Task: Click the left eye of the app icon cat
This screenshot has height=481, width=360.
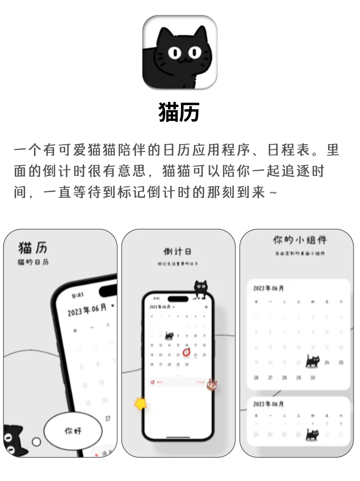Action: (x=174, y=53)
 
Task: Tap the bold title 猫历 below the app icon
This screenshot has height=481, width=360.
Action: (x=179, y=112)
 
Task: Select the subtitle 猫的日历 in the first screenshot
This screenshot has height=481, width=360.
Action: (x=33, y=262)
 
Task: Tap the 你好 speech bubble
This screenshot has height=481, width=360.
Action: (x=73, y=431)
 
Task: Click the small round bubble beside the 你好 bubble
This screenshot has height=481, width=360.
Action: (x=36, y=442)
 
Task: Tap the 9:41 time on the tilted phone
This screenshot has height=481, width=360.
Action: (x=78, y=295)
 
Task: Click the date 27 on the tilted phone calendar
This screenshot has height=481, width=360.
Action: (x=108, y=419)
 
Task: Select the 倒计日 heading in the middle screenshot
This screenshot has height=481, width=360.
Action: (x=177, y=252)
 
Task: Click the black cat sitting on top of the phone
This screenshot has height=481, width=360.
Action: (x=201, y=288)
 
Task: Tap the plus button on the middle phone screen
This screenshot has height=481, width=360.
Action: (x=206, y=307)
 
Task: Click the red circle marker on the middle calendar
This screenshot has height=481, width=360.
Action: (x=187, y=352)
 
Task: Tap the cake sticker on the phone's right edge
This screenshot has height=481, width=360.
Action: (x=211, y=385)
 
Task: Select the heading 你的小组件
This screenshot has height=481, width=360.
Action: (x=300, y=240)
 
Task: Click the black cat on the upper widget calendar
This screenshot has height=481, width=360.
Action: (x=313, y=361)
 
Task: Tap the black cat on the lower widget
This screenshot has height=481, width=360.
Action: (x=313, y=434)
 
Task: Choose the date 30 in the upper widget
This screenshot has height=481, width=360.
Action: (x=313, y=378)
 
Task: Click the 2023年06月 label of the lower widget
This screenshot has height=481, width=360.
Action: (x=268, y=404)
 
